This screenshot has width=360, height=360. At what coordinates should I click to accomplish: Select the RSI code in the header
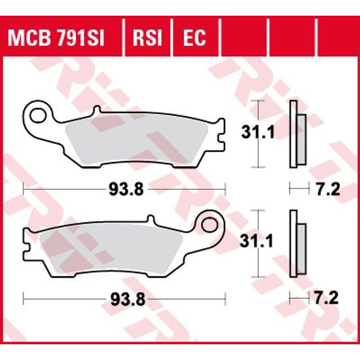tap(147, 39)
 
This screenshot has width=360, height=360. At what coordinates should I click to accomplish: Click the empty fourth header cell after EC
tap(245, 39)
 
